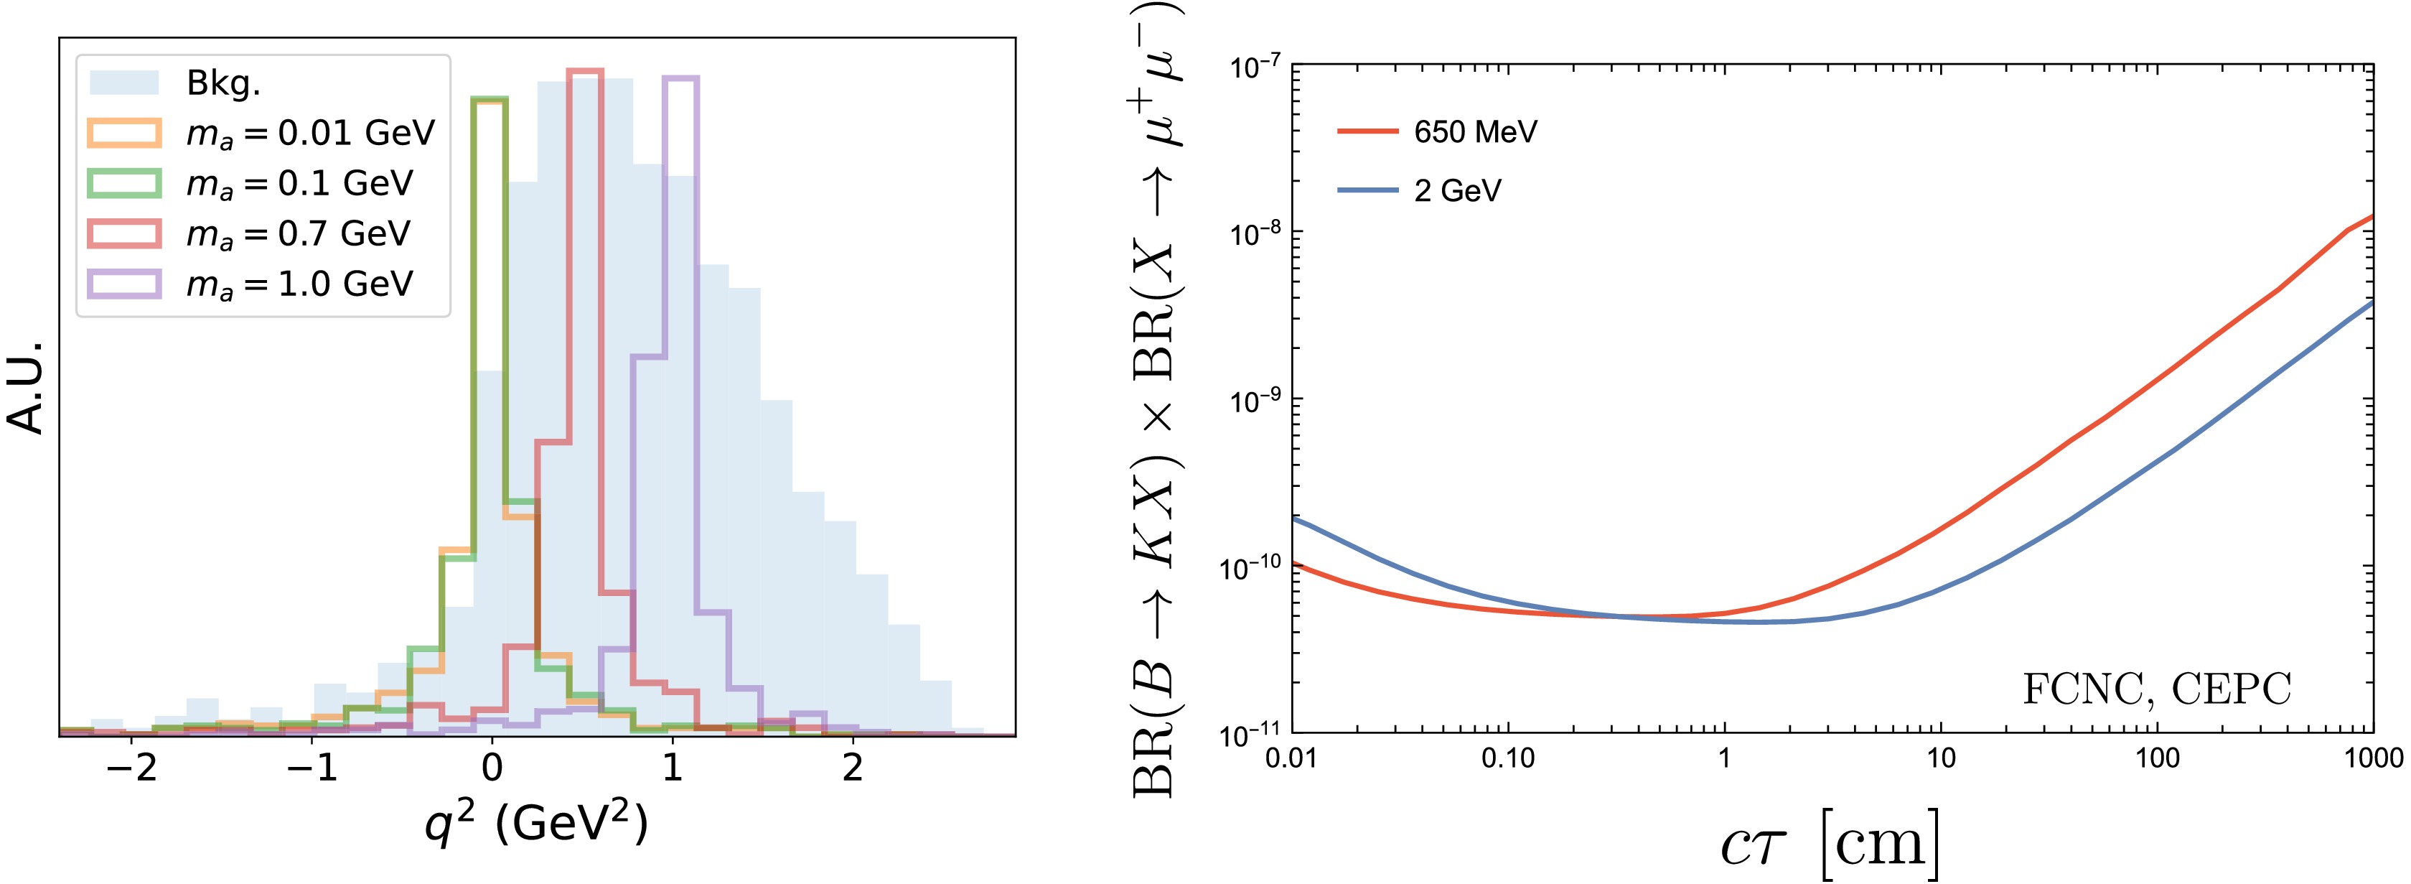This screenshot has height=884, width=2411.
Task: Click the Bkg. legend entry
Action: click(223, 83)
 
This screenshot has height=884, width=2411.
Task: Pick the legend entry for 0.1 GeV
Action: click(299, 184)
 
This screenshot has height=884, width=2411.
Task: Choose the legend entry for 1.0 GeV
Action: click(299, 284)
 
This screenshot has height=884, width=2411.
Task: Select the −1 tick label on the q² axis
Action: click(312, 768)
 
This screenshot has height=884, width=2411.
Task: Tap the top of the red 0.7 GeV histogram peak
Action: click(586, 70)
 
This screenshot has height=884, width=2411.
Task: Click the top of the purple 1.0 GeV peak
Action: click(680, 78)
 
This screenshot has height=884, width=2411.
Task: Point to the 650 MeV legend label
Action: click(1475, 132)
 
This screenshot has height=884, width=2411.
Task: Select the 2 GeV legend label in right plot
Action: click(1457, 191)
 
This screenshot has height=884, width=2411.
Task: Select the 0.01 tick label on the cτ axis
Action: click(1291, 758)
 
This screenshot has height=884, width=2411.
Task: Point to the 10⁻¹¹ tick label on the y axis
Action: click(1253, 735)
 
